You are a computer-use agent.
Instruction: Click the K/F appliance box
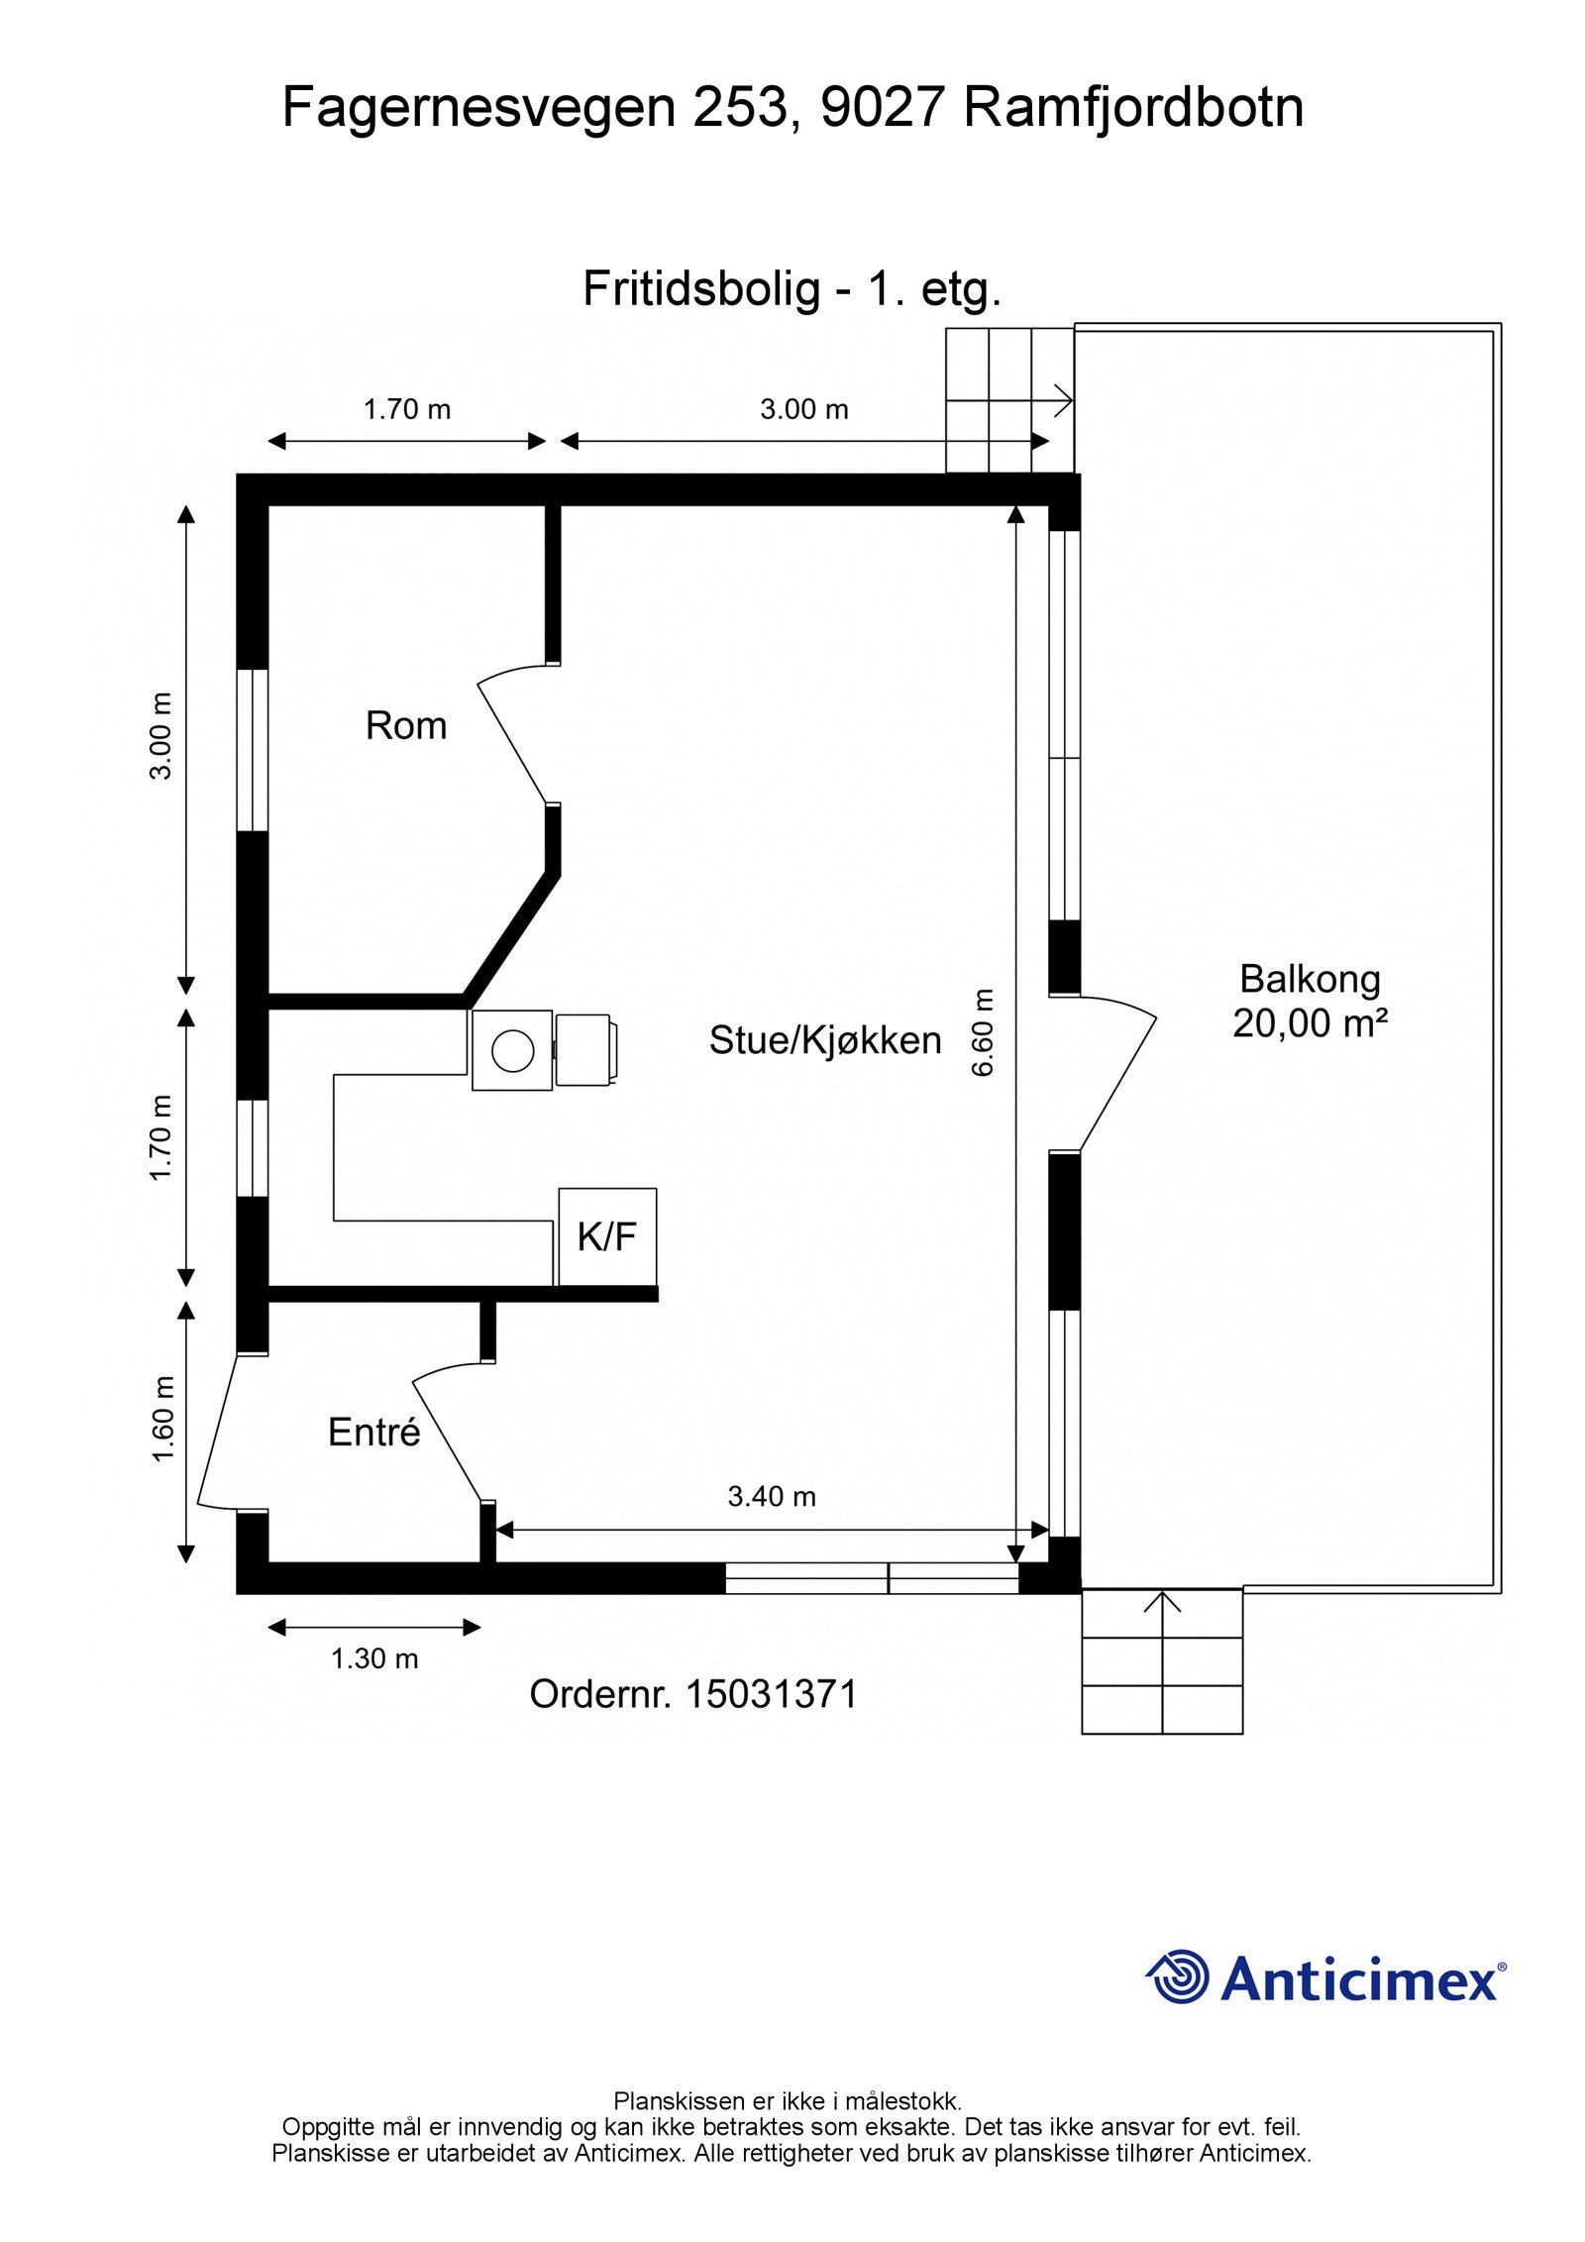[607, 1236]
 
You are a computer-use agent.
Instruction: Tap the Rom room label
[406, 726]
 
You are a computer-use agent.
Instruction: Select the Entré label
[374, 1432]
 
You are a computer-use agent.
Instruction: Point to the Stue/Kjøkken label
[825, 1040]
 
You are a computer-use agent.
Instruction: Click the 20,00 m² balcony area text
[1310, 1022]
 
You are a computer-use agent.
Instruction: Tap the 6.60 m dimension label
[983, 1032]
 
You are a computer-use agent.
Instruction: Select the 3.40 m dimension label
[772, 1496]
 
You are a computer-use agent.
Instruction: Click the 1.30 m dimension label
[374, 1658]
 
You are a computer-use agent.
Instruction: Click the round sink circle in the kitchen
[513, 1050]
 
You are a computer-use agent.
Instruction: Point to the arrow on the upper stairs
[1010, 401]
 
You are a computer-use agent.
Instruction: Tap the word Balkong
[1310, 979]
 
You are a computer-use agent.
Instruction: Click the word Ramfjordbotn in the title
[1133, 108]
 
